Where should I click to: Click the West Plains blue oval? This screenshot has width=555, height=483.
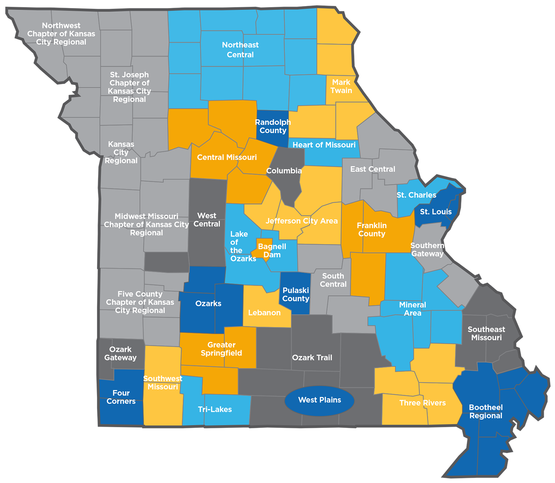click(x=319, y=400)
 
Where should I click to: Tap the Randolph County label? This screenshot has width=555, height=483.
click(x=273, y=126)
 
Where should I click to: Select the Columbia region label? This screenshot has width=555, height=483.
click(x=284, y=171)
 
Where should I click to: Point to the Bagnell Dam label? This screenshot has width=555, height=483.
click(x=272, y=250)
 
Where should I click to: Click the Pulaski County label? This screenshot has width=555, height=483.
click(x=295, y=295)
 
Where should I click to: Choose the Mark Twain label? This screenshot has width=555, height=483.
click(x=341, y=86)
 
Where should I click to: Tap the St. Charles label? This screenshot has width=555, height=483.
click(x=416, y=195)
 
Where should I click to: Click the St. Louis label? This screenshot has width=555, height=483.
click(x=436, y=212)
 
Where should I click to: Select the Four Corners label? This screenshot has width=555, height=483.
click(x=121, y=397)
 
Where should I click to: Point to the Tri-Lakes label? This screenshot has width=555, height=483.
click(x=215, y=409)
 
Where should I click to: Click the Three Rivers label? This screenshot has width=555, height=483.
click(x=423, y=403)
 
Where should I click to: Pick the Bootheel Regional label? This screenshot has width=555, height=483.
click(x=486, y=411)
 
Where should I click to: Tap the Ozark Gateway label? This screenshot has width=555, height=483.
click(x=120, y=353)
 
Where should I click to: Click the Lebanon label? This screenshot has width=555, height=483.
click(x=264, y=313)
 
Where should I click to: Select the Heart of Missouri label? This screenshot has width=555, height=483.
click(x=324, y=145)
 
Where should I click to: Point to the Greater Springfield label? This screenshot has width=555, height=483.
click(x=221, y=349)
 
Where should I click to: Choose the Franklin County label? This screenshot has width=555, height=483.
click(x=371, y=229)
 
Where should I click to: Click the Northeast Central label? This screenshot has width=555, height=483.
click(x=240, y=50)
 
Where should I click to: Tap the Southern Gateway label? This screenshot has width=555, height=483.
click(x=427, y=250)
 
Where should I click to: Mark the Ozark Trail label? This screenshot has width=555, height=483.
click(x=312, y=357)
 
